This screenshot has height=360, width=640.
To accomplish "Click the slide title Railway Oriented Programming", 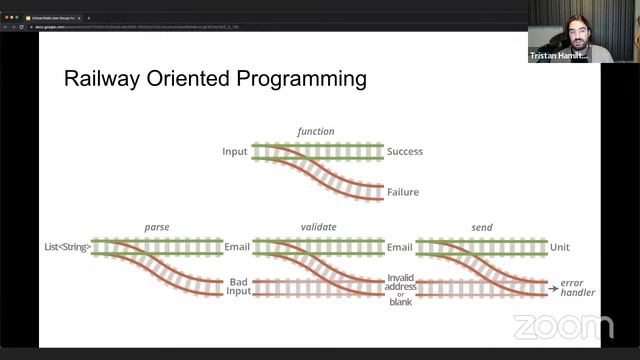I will tap(215, 78).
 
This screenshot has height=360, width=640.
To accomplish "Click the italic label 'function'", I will tap(316, 131).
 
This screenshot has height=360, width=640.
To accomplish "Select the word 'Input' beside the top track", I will tap(234, 152).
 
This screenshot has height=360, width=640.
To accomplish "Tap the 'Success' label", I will tap(404, 152).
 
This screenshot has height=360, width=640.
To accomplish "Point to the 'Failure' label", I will tap(403, 192).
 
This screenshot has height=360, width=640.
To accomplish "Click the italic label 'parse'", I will tap(157, 227).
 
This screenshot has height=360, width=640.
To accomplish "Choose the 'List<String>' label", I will tap(68, 247).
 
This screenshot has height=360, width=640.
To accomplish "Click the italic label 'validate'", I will tap(317, 227).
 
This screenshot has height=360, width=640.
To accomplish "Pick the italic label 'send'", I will tap(481, 227).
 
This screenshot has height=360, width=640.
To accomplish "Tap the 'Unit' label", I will tap(560, 247).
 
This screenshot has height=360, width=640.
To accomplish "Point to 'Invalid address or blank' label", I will tap(400, 289).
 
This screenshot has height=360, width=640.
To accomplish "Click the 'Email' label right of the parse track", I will tap(236, 247).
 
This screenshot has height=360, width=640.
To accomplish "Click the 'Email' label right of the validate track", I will tap(399, 247).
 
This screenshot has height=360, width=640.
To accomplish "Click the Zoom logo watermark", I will tap(563, 326).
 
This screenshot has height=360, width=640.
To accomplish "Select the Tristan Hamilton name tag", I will tap(559, 56).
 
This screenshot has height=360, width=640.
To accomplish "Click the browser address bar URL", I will tap(140, 27).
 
